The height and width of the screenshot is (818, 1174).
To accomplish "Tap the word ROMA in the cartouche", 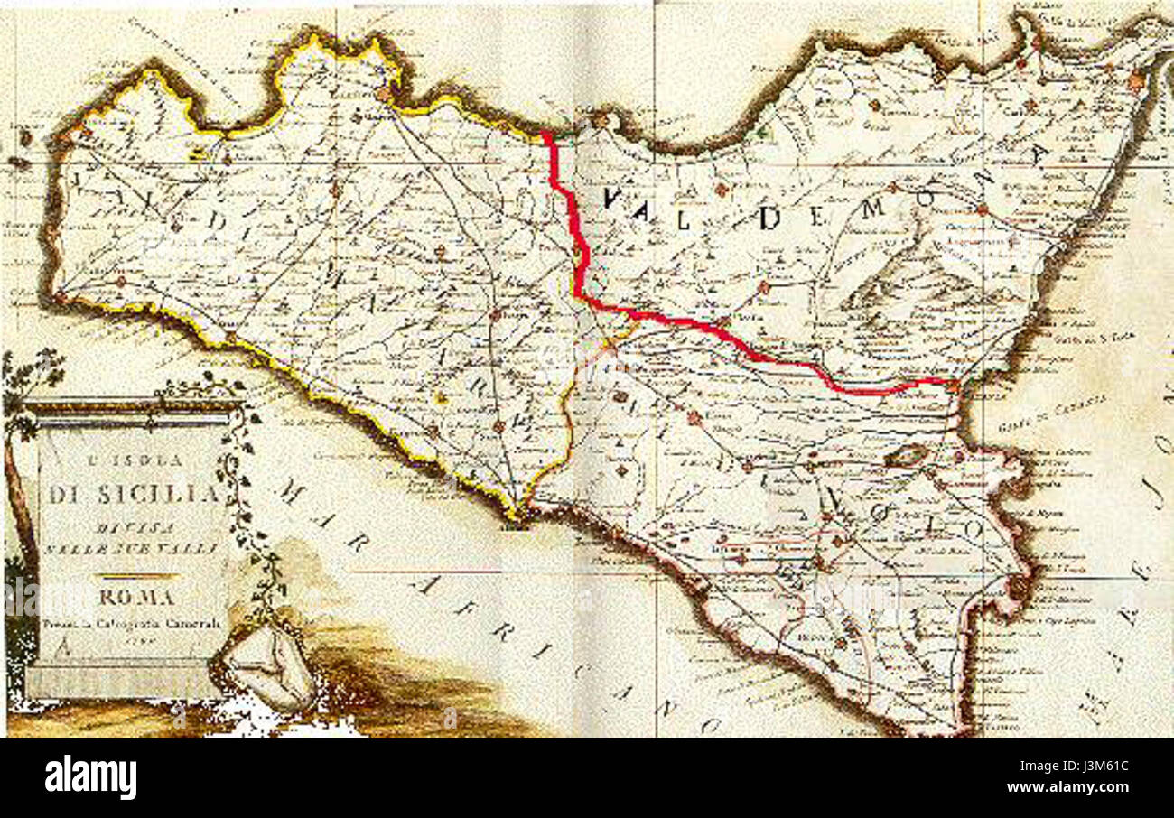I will point(137,598).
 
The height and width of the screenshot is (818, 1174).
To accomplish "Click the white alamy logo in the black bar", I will point(90,777).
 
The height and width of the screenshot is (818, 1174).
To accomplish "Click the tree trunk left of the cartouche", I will point(18,506).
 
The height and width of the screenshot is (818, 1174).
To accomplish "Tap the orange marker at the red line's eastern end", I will point(954,384).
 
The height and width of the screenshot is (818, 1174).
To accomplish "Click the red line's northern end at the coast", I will point(545,136).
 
